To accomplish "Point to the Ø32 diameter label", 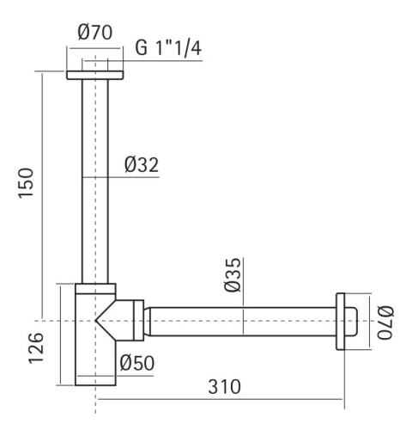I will click(x=142, y=163).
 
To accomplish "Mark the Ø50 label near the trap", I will click(x=137, y=364).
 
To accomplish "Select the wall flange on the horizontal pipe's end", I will click(x=347, y=322).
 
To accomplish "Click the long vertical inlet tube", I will click(x=95, y=181).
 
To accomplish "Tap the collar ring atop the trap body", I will click(x=94, y=289).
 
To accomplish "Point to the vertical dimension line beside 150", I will click(x=39, y=189).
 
